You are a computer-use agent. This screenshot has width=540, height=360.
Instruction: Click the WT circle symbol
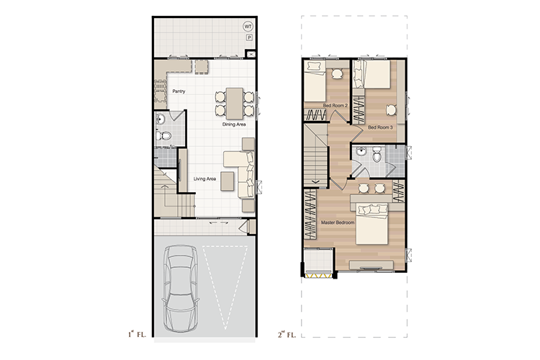pyautogui.click(x=248, y=27)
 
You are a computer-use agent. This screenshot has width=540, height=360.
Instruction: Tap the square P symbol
pyautogui.click(x=249, y=38)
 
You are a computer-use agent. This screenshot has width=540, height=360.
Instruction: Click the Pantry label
pyautogui.click(x=179, y=91)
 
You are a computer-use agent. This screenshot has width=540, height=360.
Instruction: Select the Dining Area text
pyautogui.click(x=234, y=125)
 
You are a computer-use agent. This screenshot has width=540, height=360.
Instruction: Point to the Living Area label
pyautogui.click(x=204, y=179)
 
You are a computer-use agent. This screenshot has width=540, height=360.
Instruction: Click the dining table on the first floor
pyautogui.click(x=235, y=104)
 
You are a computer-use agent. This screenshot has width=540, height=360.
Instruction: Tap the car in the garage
pyautogui.click(x=181, y=289)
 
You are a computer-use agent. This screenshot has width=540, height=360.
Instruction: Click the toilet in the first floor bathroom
pyautogui.click(x=163, y=135)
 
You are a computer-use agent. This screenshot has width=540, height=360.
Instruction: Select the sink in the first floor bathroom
pyautogui.click(x=160, y=120)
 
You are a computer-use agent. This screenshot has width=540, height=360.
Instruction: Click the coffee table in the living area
pyautogui.click(x=228, y=181)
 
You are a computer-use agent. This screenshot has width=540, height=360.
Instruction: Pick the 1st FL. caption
pyautogui.click(x=137, y=334)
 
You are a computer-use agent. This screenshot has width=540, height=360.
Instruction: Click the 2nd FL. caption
pyautogui.click(x=287, y=335)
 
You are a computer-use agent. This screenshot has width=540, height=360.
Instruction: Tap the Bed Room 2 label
pyautogui.click(x=335, y=105)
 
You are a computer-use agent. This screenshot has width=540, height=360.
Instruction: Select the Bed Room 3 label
pyautogui.click(x=380, y=127)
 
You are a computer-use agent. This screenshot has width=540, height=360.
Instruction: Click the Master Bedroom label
pyautogui.click(x=338, y=222)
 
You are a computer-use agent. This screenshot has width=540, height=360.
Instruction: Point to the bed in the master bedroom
pyautogui.click(x=372, y=224)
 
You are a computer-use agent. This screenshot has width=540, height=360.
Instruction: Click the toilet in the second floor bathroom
pyautogui.click(x=377, y=155)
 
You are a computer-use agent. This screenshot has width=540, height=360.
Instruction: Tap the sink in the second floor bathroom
pyautogui.click(x=361, y=152)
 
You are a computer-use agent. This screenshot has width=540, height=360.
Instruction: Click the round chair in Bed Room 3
pyautogui.click(x=391, y=110)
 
